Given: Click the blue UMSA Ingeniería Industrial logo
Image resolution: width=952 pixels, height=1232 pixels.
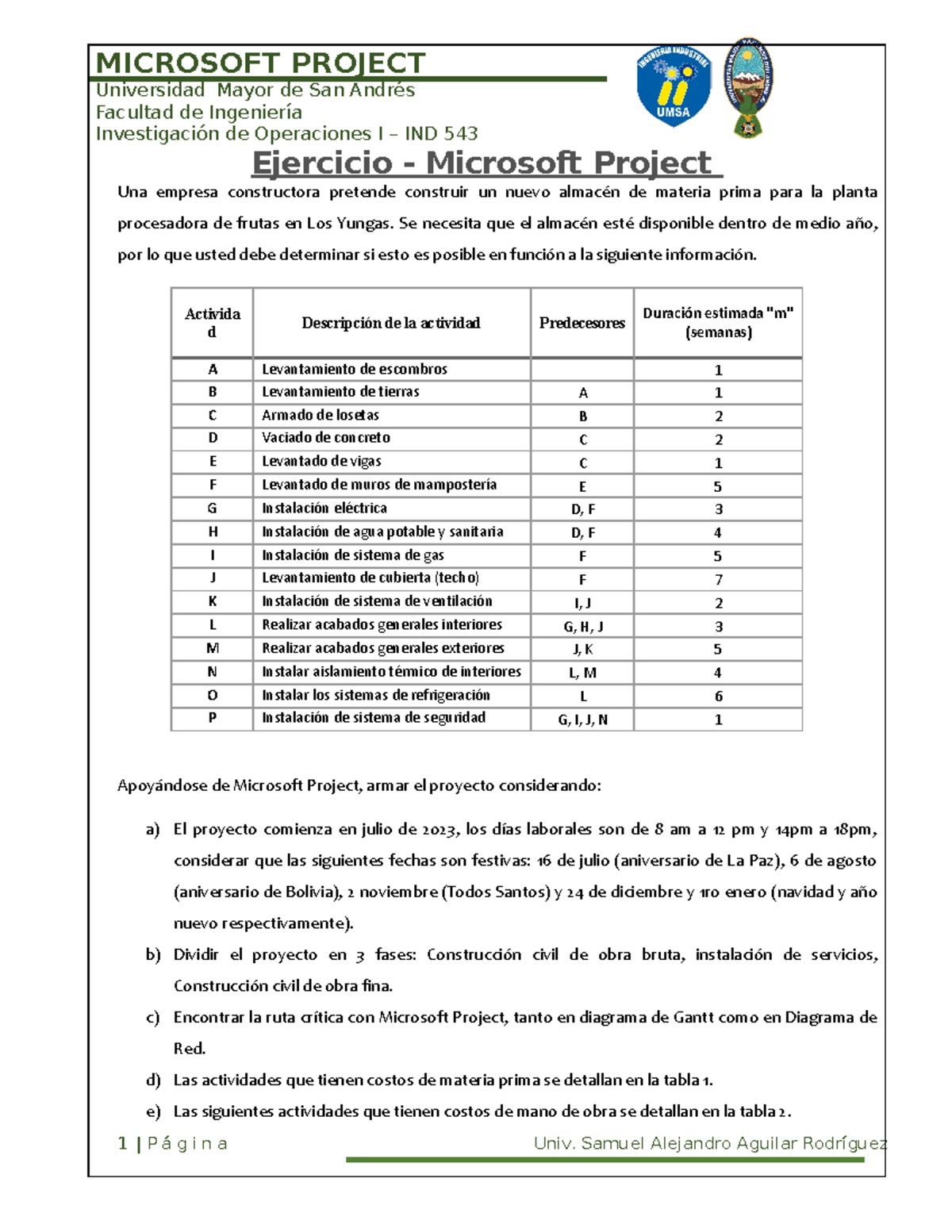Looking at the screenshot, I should pyautogui.click(x=674, y=86).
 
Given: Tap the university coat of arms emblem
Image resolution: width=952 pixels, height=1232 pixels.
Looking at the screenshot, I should pyautogui.click(x=747, y=86).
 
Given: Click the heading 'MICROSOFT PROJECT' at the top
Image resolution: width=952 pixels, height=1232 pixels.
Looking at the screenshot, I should pyautogui.click(x=260, y=63).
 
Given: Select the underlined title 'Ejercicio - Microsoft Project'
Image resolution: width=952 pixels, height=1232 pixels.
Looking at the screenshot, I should pyautogui.click(x=486, y=163).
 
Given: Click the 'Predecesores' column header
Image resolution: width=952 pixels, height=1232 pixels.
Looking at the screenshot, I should pyautogui.click(x=582, y=323).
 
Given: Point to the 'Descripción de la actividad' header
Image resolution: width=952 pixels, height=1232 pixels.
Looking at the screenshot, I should pyautogui.click(x=390, y=323).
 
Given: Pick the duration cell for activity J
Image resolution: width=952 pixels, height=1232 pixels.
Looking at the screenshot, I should pyautogui.click(x=718, y=580).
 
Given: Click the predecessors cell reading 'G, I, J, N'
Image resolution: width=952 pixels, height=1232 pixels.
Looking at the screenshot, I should pyautogui.click(x=582, y=720).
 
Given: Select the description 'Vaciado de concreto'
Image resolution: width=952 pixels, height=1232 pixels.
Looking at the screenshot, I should pyautogui.click(x=326, y=438).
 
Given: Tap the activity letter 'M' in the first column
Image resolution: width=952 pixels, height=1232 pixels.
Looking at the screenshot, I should pyautogui.click(x=212, y=649).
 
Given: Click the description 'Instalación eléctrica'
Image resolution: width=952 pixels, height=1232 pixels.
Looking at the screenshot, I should pyautogui.click(x=324, y=509).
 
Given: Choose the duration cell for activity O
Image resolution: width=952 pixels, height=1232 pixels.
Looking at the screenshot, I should pyautogui.click(x=718, y=697).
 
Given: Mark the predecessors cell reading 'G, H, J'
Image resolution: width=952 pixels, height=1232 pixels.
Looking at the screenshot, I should pyautogui.click(x=583, y=627).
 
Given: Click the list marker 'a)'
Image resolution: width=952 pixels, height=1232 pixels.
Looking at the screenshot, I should pyautogui.click(x=152, y=830).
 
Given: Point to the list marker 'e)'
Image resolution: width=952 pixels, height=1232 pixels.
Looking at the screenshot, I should pyautogui.click(x=152, y=1111).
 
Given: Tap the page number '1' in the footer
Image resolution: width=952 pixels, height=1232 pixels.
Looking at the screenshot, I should pyautogui.click(x=122, y=1143).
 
